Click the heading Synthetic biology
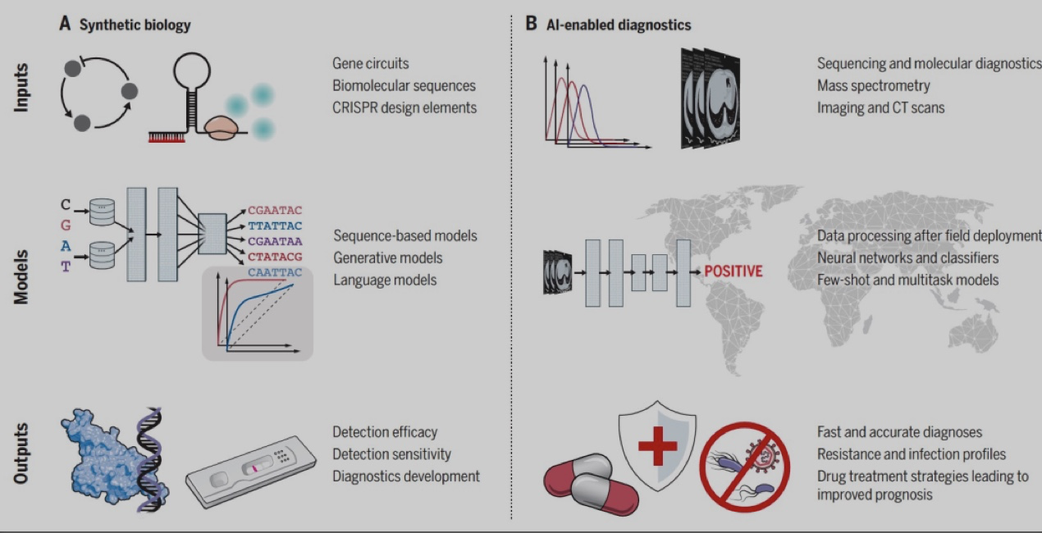click(x=135, y=25)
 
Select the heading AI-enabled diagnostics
click(x=619, y=25)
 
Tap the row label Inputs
click(x=21, y=88)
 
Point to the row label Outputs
click(x=21, y=453)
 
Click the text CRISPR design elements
click(x=404, y=108)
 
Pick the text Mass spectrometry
click(x=873, y=85)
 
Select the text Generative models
click(x=387, y=257)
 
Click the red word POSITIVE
click(x=734, y=271)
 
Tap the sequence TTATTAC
click(x=275, y=226)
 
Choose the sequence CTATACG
click(x=275, y=257)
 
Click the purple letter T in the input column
click(x=66, y=266)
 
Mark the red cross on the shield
click(x=657, y=446)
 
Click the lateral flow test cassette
click(x=251, y=471)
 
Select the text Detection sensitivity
click(x=391, y=454)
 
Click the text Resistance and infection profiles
click(x=912, y=454)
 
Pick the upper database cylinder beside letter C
click(x=102, y=212)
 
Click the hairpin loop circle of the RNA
click(x=192, y=71)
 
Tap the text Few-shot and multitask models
click(x=907, y=280)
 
